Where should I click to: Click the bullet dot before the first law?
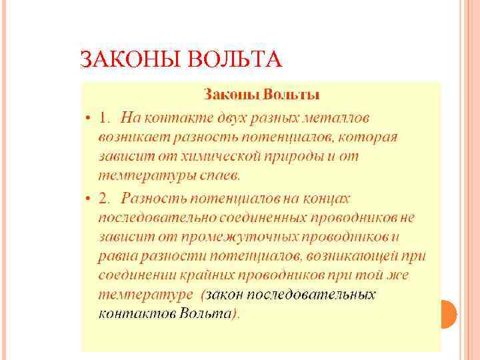(88, 118)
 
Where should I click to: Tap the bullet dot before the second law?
(88, 198)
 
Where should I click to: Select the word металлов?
(333, 118)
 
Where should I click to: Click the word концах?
(326, 198)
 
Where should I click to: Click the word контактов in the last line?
(137, 313)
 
